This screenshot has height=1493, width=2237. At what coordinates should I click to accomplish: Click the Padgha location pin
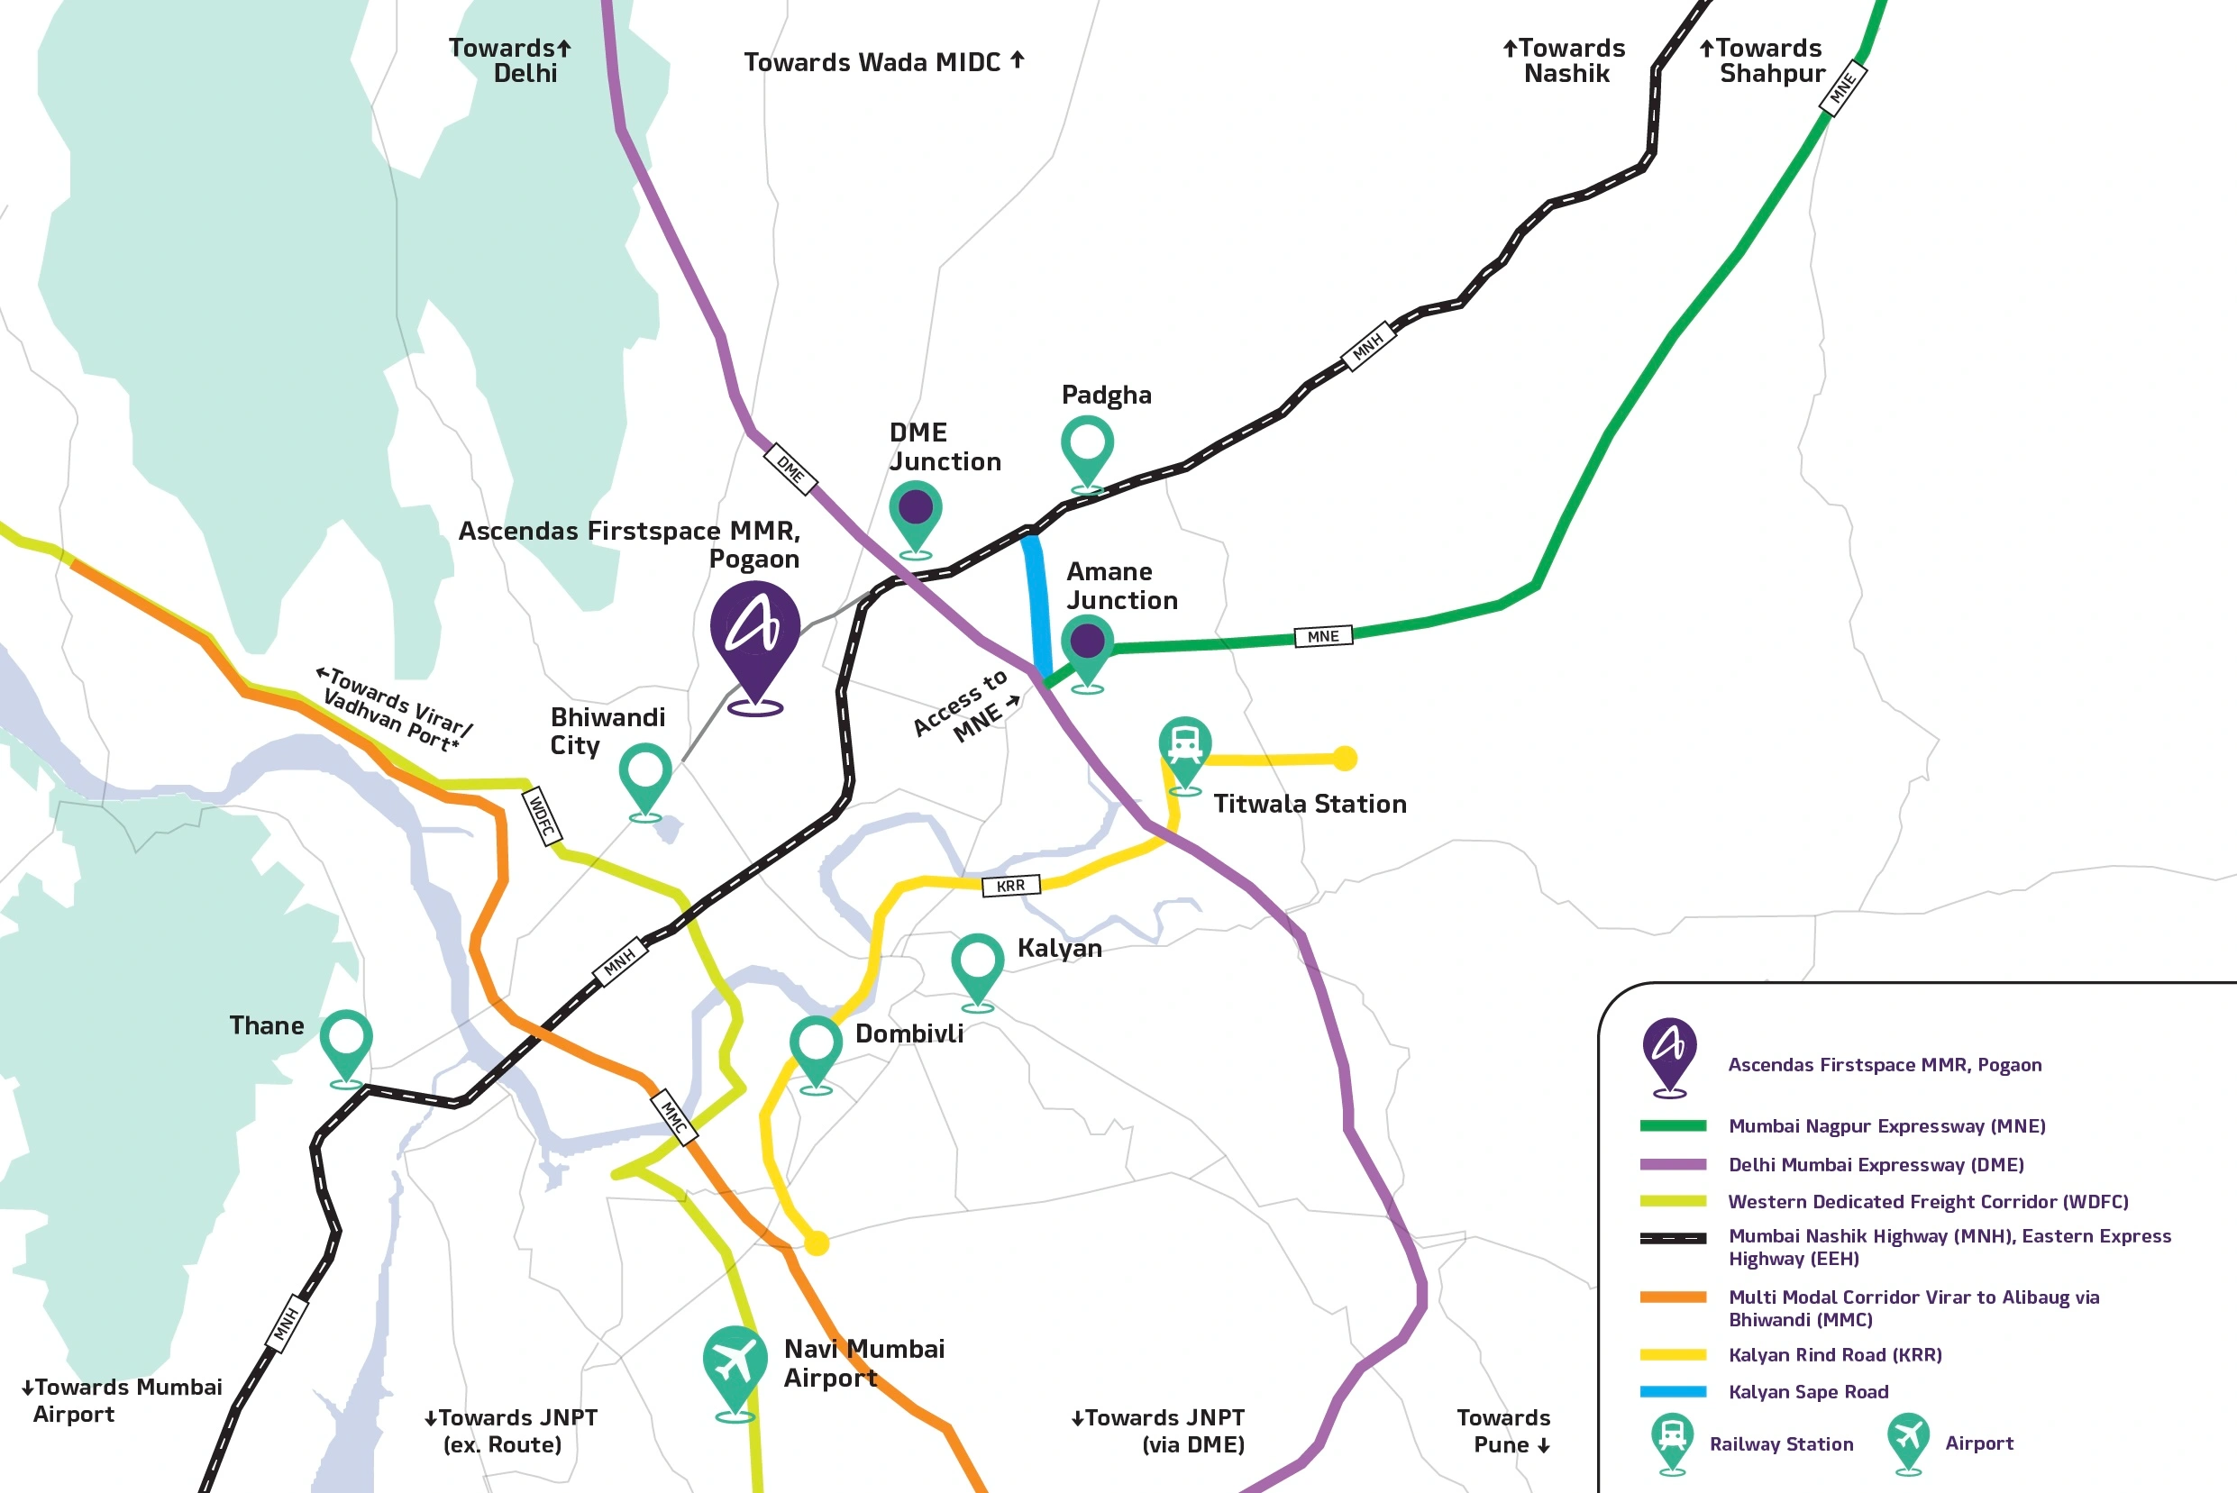[1087, 453]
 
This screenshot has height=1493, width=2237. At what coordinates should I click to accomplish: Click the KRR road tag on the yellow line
[1010, 886]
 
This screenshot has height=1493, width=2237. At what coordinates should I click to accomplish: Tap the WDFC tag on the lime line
[542, 816]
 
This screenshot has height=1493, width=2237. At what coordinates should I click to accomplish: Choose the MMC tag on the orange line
[674, 1117]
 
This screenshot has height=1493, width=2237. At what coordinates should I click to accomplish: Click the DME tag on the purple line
[790, 469]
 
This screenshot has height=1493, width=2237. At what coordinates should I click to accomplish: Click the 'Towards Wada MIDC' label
[884, 63]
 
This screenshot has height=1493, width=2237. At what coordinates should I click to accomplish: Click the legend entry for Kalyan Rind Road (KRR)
[1834, 1355]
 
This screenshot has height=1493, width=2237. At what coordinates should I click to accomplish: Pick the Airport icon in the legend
[1908, 1443]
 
